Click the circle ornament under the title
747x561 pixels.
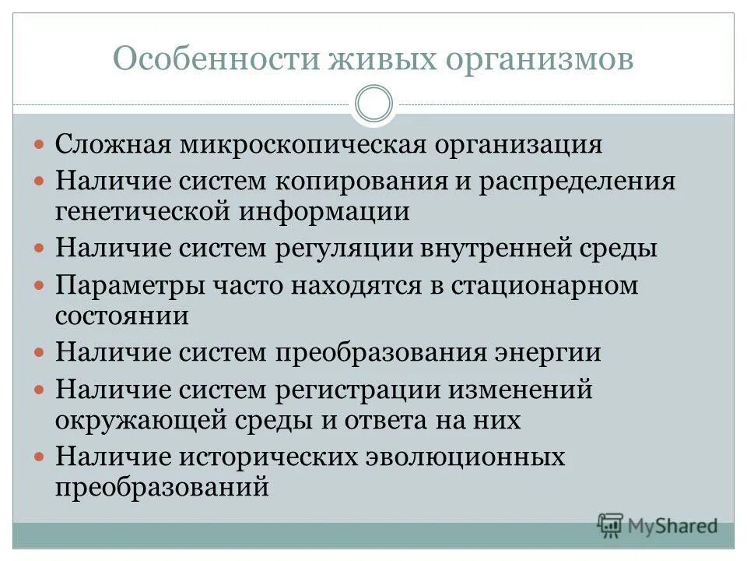coord(373,104)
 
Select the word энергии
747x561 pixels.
coord(548,352)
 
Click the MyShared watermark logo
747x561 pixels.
coord(658,526)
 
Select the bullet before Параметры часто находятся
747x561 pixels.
coord(40,286)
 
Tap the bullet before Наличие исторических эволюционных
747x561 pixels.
coord(40,457)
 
